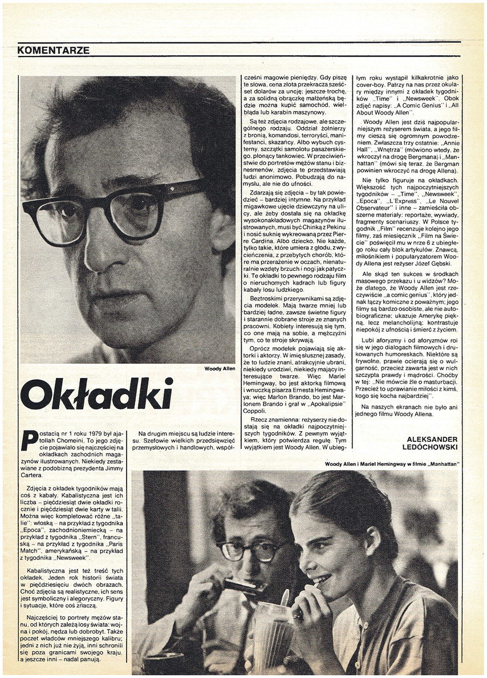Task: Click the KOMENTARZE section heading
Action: tap(53, 50)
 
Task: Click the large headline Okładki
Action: tap(96, 394)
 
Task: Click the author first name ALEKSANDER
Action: tap(433, 439)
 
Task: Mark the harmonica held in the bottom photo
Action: tap(243, 587)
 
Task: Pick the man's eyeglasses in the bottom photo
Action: tap(246, 550)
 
